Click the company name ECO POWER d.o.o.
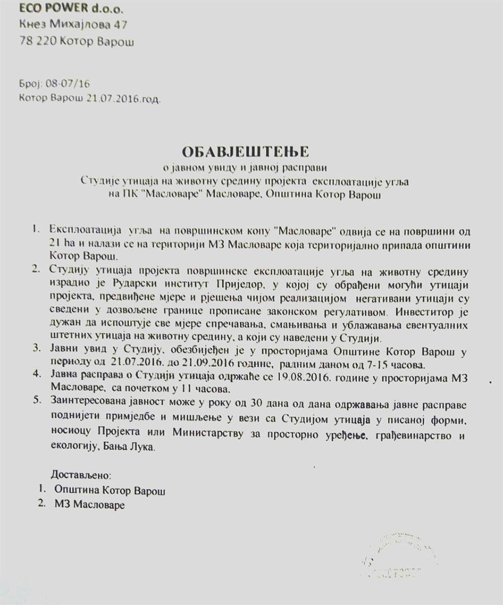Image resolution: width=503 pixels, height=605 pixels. click(58, 8)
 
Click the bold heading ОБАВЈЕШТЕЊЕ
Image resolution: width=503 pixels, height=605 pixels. click(250, 152)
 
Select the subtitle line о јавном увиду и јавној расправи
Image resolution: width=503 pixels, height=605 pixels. click(250, 167)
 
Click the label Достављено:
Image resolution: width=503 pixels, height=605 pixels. click(81, 476)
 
